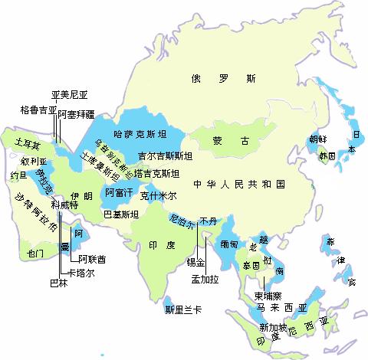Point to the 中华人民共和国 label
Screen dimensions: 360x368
[239, 185]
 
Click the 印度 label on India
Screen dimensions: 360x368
[159, 244]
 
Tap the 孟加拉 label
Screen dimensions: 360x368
[205, 280]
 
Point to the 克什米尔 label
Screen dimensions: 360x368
[158, 195]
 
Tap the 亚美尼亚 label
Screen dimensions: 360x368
[71, 96]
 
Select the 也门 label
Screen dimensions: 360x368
[35, 252]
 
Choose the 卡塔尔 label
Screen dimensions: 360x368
[83, 273]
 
